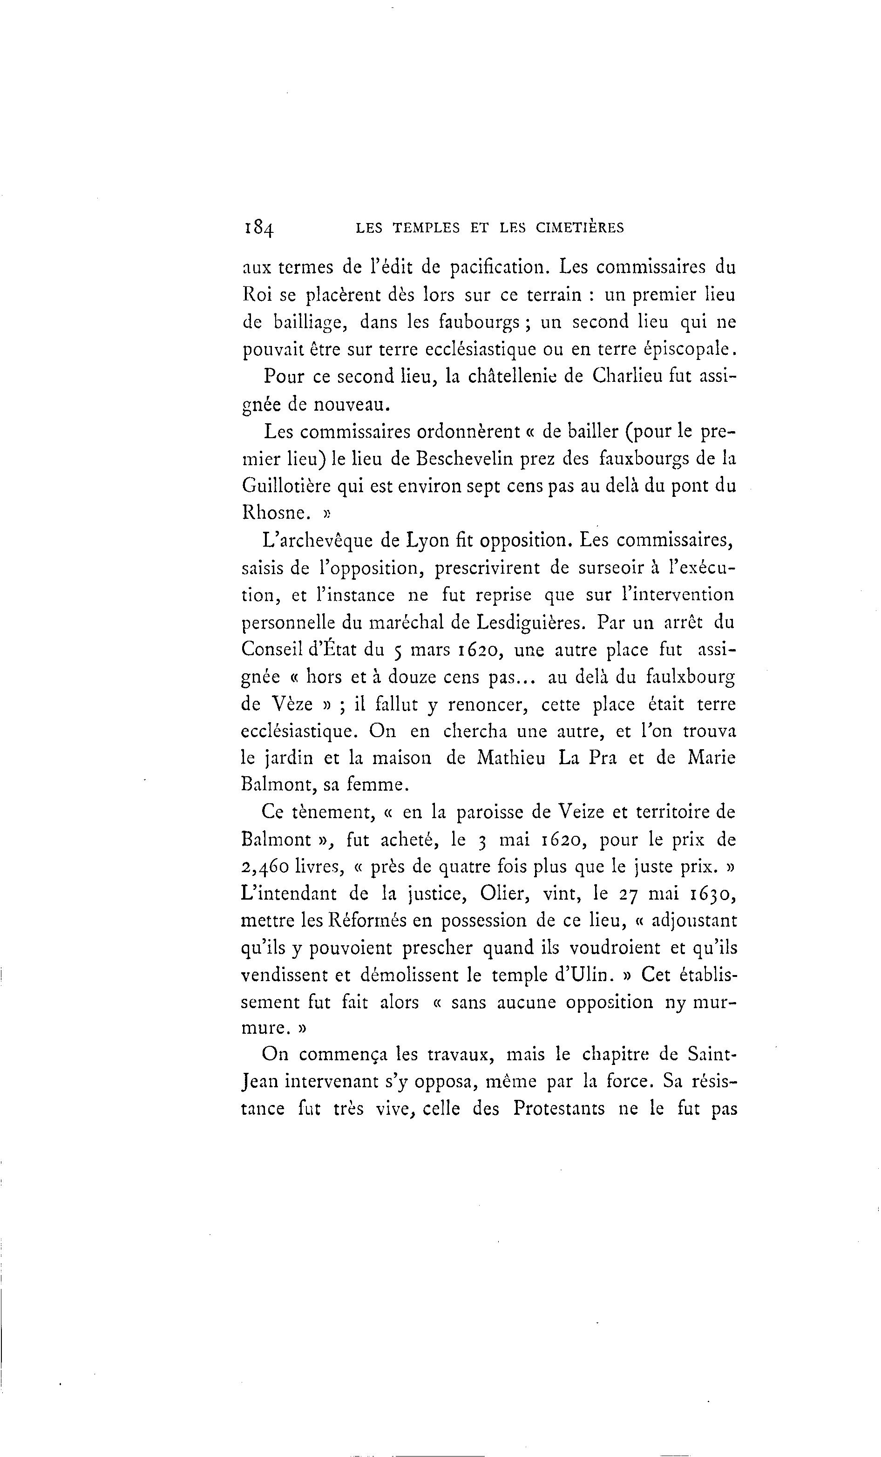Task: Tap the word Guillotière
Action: click(x=285, y=486)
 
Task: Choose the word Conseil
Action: click(x=271, y=649)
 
